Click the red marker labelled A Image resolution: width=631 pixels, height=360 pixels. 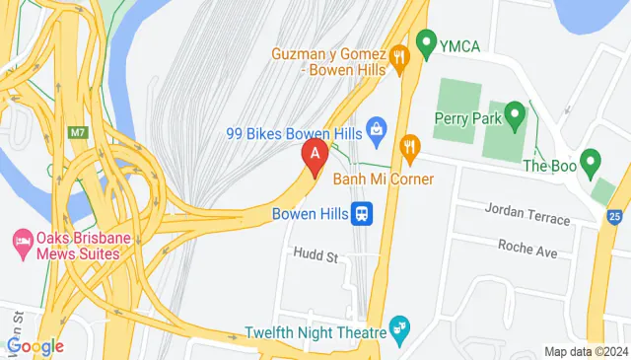[x=315, y=156]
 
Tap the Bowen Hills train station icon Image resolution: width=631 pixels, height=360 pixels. [x=364, y=213]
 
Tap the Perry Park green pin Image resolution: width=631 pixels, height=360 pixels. [x=514, y=118]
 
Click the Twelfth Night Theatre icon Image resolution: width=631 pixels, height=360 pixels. [x=399, y=325]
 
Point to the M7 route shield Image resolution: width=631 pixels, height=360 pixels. [x=79, y=131]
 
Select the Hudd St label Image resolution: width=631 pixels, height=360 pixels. [x=315, y=254]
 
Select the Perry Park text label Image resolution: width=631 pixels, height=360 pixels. [x=468, y=118]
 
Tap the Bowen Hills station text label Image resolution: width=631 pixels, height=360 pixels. [x=309, y=213]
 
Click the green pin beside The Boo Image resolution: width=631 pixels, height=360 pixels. [x=591, y=160]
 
